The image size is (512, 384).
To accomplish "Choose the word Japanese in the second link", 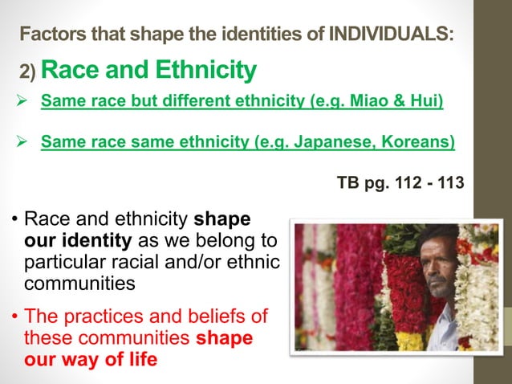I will (x=334, y=143).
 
